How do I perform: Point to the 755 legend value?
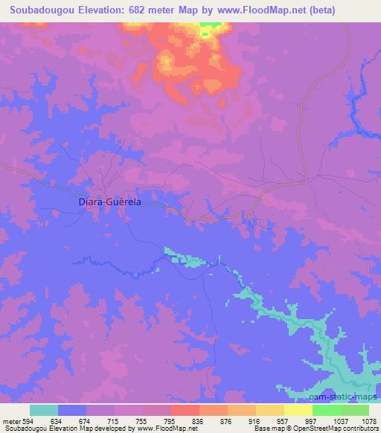point(142,421)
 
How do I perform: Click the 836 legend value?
point(198,421)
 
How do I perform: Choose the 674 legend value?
point(86,421)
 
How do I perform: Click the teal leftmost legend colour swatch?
point(43,410)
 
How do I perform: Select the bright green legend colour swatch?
point(327,410)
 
